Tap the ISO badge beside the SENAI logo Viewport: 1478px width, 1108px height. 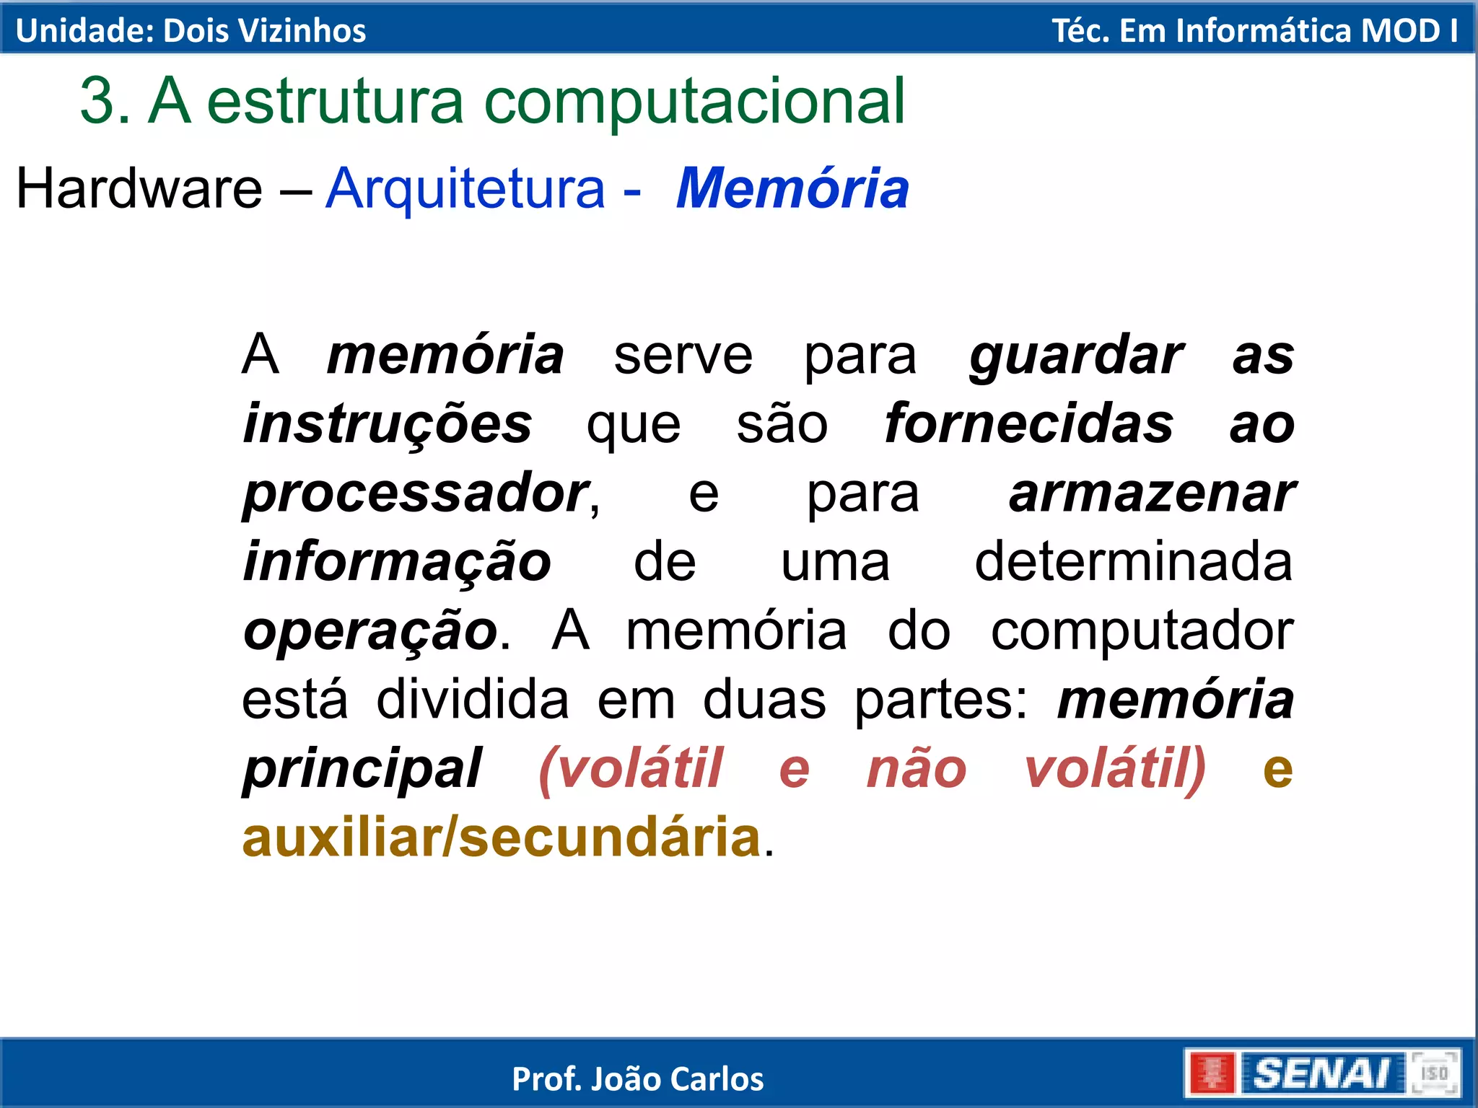pyautogui.click(x=1434, y=1073)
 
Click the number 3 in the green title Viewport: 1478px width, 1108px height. pyautogui.click(x=97, y=101)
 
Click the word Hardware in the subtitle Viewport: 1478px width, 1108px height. pyautogui.click(x=139, y=188)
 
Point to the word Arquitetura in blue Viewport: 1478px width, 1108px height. pyautogui.click(x=465, y=188)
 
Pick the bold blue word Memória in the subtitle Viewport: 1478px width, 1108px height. pyautogui.click(x=792, y=188)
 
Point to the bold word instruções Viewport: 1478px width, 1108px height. pyautogui.click(x=388, y=424)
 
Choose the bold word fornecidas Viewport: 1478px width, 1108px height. pyautogui.click(x=1029, y=424)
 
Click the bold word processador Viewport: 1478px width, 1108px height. pyautogui.click(x=416, y=493)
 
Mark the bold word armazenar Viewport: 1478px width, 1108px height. pyautogui.click(x=1152, y=493)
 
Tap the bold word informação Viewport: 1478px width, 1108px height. pyautogui.click(x=397, y=563)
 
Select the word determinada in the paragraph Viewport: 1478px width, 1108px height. pyautogui.click(x=1133, y=561)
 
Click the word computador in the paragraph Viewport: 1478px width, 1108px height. pyautogui.click(x=1142, y=630)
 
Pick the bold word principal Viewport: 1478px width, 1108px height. pyautogui.click(x=362, y=769)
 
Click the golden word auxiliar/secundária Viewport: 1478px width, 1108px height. pyautogui.click(x=502, y=838)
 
